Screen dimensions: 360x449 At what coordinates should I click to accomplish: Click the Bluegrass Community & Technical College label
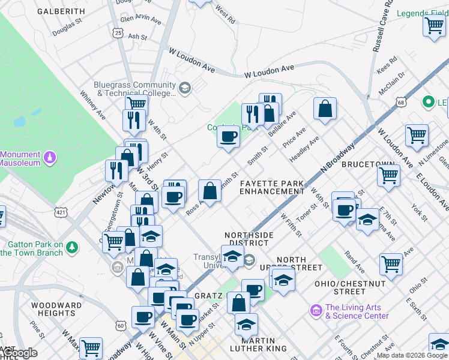pyautogui.click(x=134, y=89)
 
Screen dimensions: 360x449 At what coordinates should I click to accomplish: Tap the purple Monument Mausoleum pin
pyautogui.click(x=51, y=157)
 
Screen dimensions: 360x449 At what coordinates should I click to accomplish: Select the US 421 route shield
pyautogui.click(x=61, y=212)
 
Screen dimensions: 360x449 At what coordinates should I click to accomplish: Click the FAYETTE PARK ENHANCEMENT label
pyautogui.click(x=272, y=187)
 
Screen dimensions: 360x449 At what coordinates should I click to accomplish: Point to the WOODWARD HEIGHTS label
pyautogui.click(x=56, y=309)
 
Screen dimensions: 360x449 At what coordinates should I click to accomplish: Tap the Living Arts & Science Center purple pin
pyautogui.click(x=316, y=310)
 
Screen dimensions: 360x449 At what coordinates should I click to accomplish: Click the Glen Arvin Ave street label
pyautogui.click(x=141, y=19)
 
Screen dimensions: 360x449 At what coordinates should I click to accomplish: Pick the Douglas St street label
pyautogui.click(x=67, y=28)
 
